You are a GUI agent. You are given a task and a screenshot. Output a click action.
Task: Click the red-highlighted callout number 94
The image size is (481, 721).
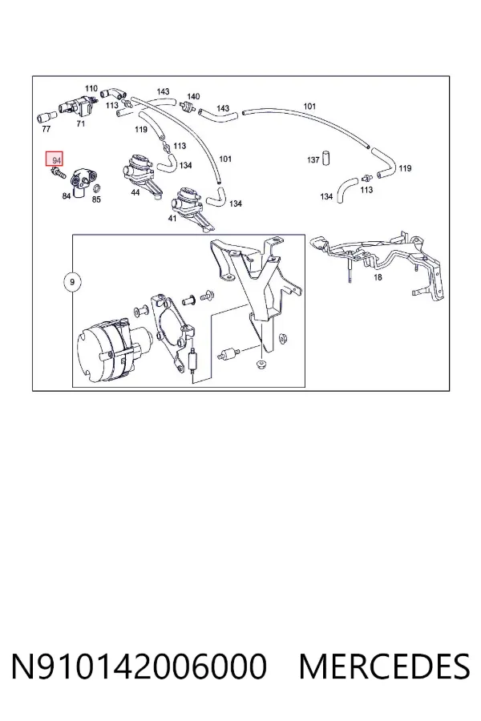tap(56, 160)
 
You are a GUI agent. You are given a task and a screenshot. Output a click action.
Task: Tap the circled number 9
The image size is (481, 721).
tap(71, 281)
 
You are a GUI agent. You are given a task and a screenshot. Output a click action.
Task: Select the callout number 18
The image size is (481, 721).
tap(378, 277)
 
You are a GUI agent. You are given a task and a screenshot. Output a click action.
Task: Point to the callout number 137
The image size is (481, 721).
tap(313, 159)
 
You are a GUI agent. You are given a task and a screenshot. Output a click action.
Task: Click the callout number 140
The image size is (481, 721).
tap(193, 96)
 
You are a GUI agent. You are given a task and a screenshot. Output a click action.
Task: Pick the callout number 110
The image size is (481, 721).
tap(91, 88)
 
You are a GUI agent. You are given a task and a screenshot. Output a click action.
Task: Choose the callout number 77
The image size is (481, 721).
tap(46, 129)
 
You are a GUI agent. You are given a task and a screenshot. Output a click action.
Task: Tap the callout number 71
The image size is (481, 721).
tap(80, 123)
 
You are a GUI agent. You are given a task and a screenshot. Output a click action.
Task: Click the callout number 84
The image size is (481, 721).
tap(67, 196)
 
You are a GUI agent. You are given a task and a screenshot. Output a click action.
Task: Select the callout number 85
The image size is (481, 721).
tap(96, 199)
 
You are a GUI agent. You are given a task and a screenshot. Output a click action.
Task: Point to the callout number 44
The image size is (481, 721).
tap(135, 192)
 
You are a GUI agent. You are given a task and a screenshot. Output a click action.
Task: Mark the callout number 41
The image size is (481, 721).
tap(172, 218)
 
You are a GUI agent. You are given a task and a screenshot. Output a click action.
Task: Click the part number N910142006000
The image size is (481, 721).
tap(139, 666)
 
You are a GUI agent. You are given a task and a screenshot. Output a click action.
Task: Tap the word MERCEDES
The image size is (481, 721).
tap(384, 666)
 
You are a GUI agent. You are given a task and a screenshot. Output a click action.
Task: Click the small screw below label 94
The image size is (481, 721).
tap(59, 173)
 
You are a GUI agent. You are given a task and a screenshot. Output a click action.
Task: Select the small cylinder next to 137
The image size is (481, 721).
tap(327, 156)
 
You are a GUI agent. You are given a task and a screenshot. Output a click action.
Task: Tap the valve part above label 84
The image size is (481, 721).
tap(84, 180)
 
